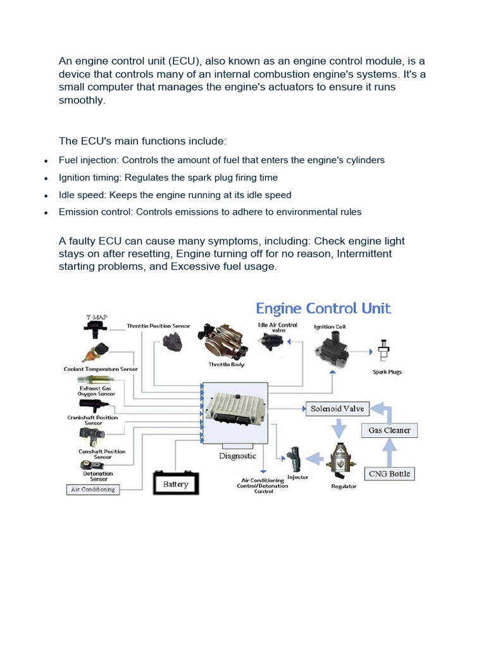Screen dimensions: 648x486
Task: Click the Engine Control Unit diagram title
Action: [323, 309]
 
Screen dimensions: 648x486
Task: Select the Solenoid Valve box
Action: [337, 409]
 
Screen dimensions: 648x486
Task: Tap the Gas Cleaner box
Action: [389, 430]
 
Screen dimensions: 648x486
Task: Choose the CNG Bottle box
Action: [389, 473]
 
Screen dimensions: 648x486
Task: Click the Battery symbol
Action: [175, 483]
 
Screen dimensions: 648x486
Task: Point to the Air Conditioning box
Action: [94, 489]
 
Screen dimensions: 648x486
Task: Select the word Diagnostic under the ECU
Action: [237, 456]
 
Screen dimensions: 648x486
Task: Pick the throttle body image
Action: [226, 342]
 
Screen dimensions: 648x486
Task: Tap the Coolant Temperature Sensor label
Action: [101, 368]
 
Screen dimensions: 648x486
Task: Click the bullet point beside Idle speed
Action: [46, 196]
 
